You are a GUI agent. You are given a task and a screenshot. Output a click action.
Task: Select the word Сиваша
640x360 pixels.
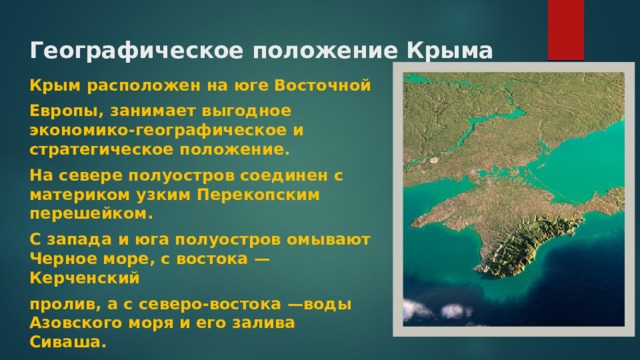64,342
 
